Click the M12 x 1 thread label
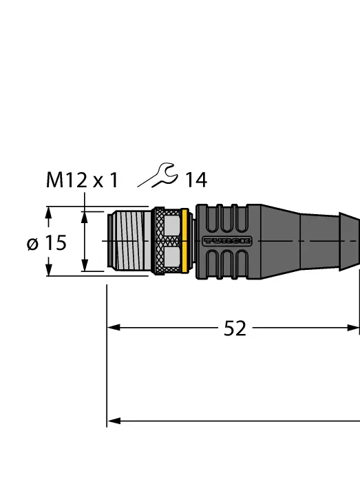82,180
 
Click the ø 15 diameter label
47,243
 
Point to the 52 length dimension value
235,328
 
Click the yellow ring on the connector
184,241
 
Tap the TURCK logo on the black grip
227,241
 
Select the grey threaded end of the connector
129,241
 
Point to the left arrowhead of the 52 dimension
114,328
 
